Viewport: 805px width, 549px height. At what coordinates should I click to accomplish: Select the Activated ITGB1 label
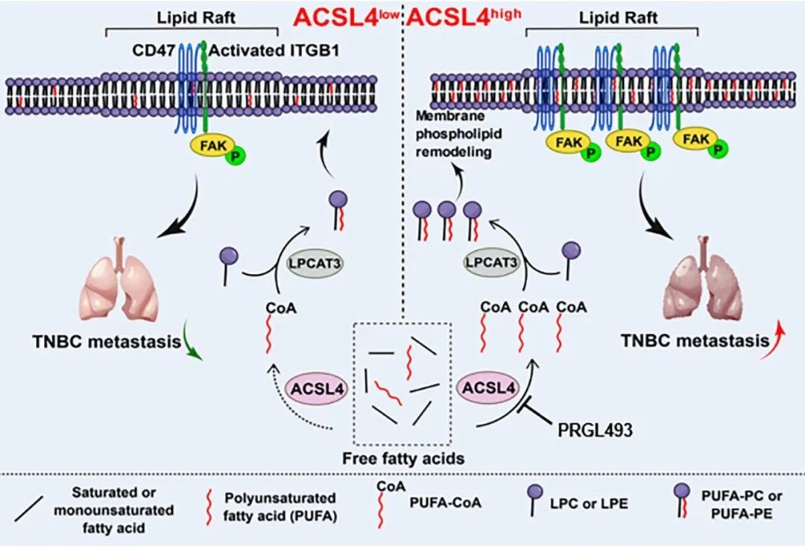[274, 51]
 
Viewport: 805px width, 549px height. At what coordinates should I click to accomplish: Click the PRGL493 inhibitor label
[595, 430]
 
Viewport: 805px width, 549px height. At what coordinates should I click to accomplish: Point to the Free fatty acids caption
[403, 457]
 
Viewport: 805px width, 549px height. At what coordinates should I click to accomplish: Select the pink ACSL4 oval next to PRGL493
[488, 387]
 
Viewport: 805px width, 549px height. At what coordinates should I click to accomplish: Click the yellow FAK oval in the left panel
[214, 146]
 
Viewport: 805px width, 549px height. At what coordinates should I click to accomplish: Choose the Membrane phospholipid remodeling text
[458, 134]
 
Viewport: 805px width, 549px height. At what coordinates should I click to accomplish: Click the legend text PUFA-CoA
[445, 502]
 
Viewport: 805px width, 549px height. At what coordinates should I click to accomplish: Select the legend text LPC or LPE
[588, 504]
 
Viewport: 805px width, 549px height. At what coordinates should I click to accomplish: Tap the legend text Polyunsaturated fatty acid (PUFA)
[280, 507]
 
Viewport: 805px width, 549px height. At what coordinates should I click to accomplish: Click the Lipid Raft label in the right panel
[618, 18]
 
